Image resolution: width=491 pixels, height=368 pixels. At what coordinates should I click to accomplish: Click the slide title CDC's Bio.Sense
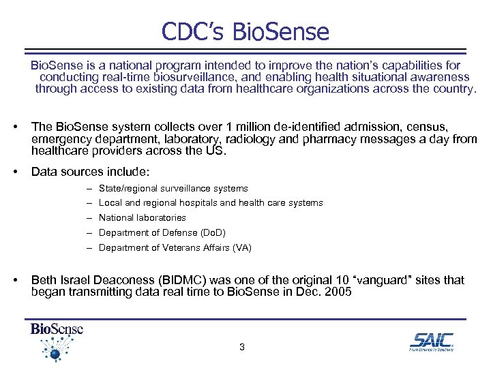click(245, 31)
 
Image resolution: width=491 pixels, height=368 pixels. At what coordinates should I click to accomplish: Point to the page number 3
click(242, 348)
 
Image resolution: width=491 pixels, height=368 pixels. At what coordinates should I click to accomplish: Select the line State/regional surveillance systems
click(173, 188)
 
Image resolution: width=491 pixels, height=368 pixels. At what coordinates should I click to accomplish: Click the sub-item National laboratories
click(142, 218)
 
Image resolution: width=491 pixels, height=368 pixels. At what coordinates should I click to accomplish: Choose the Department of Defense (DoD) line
click(162, 233)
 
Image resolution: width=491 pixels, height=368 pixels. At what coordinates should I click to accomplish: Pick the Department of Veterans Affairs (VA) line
click(175, 248)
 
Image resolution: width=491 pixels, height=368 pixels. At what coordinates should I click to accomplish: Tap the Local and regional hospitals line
click(211, 203)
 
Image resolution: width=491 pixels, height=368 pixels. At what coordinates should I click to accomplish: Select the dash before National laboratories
click(90, 218)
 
